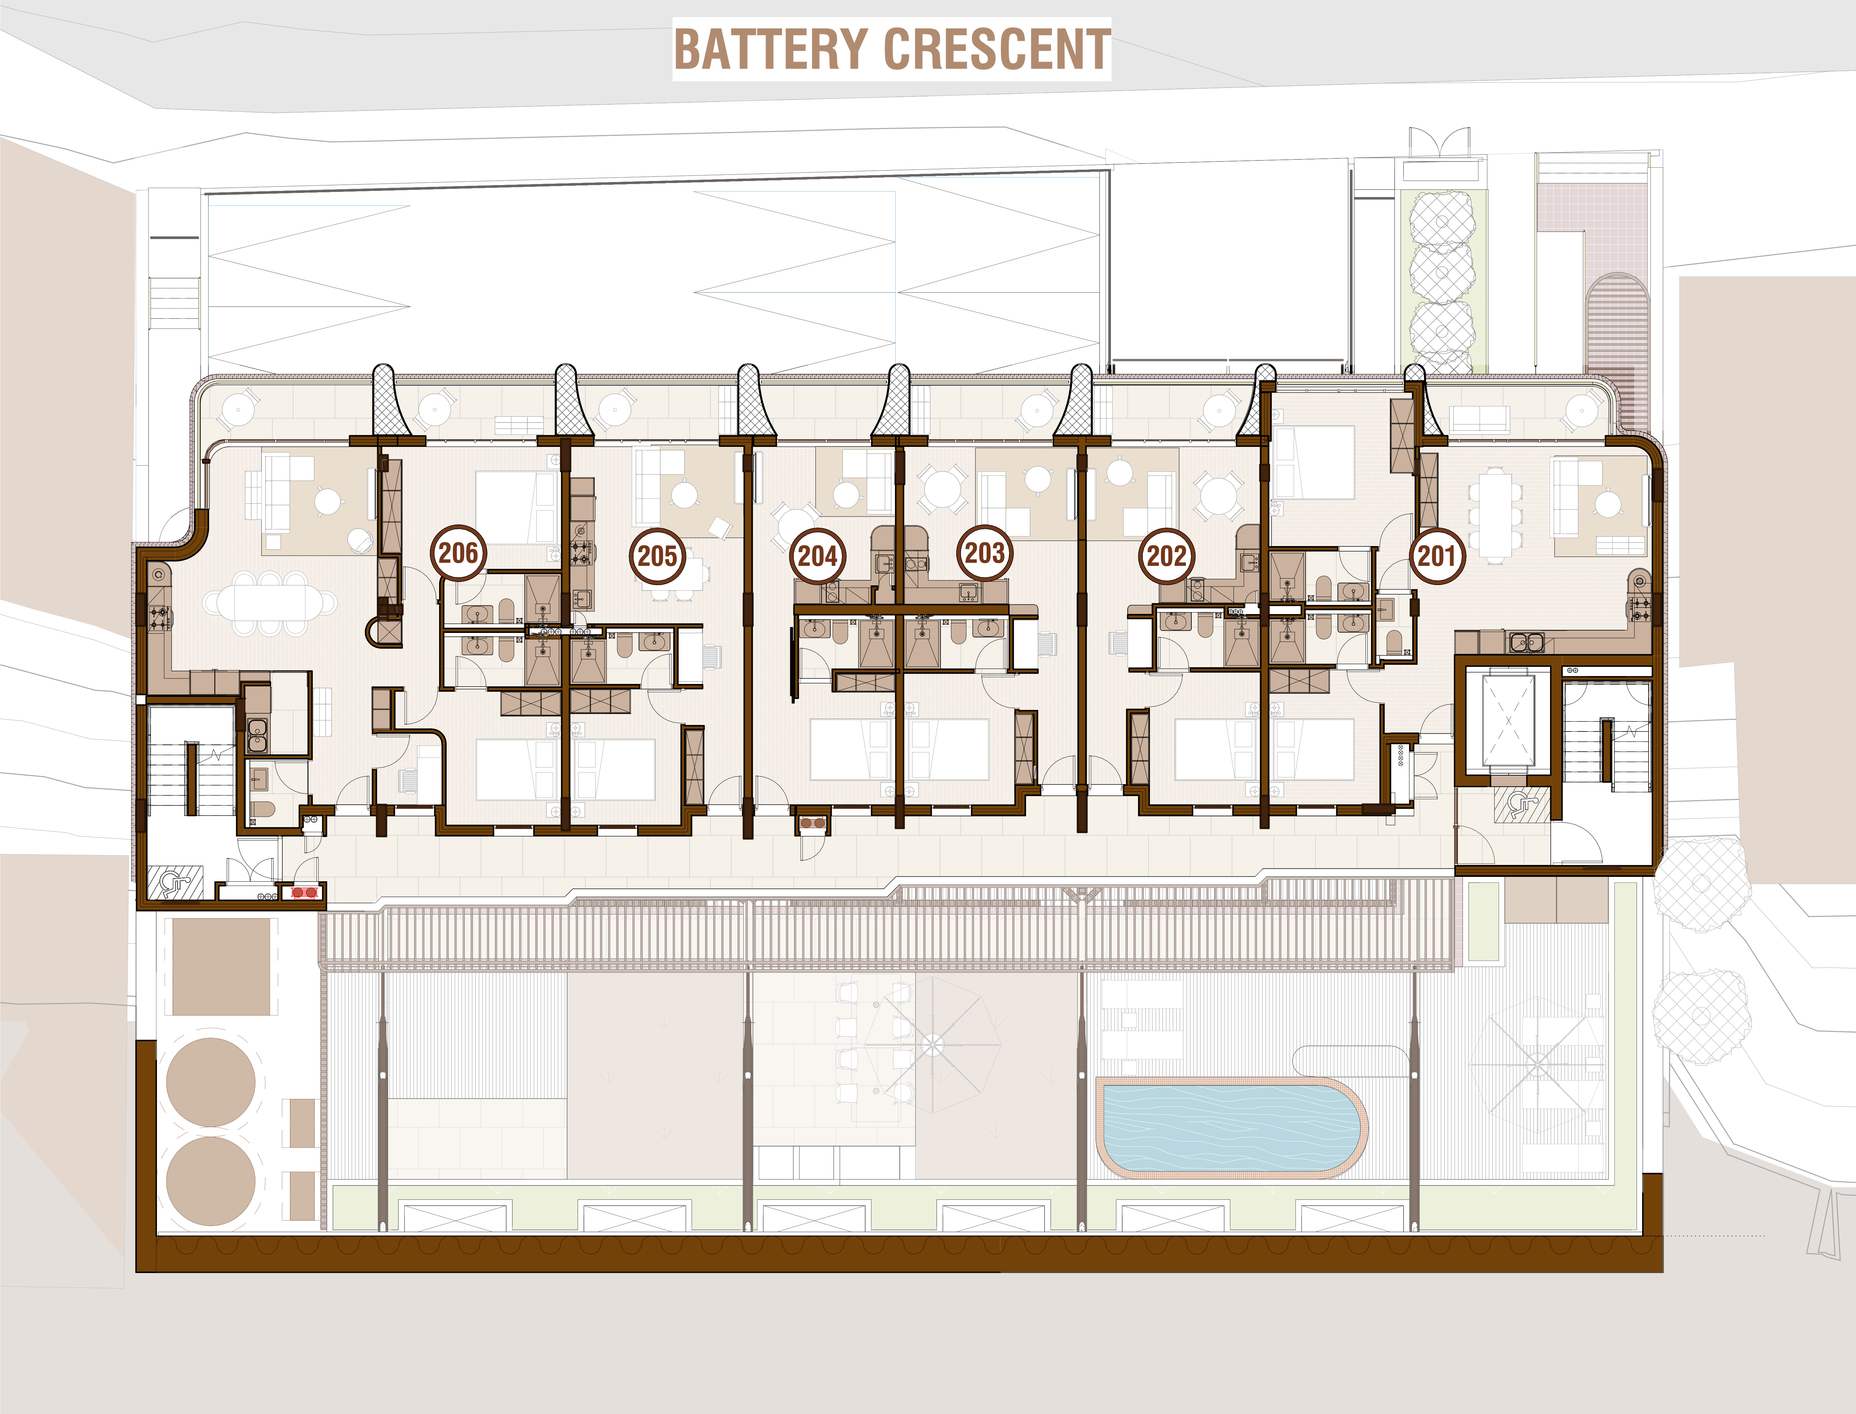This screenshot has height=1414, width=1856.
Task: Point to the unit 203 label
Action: point(984,553)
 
